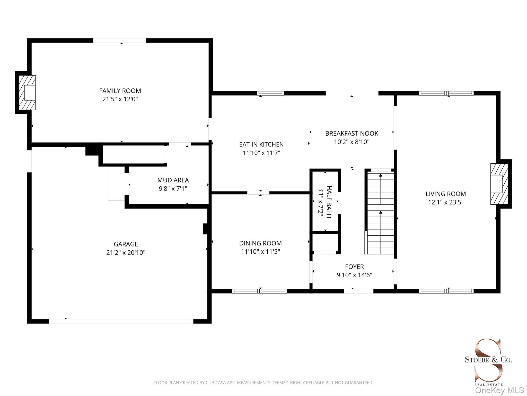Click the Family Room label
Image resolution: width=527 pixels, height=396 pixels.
tap(120, 91)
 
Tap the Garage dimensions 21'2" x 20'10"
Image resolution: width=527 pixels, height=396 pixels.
tap(126, 252)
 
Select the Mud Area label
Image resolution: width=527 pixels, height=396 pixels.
tap(173, 180)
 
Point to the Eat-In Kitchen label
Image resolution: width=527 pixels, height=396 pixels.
tap(261, 144)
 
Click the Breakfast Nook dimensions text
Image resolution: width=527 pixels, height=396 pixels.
tap(352, 142)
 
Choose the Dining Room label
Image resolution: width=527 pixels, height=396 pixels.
tap(260, 243)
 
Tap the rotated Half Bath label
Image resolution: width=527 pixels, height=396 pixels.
tap(329, 202)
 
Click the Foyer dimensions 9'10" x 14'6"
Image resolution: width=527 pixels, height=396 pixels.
tap(355, 275)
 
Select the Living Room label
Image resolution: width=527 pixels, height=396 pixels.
tap(446, 194)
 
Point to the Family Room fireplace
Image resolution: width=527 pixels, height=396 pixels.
tap(27, 93)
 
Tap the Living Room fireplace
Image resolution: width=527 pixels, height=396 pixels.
tap(499, 184)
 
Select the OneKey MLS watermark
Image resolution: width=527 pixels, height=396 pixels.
tap(499, 390)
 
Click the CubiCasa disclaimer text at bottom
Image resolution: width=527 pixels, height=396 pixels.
tap(263, 383)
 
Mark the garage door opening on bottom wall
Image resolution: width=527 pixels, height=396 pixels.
tap(121, 321)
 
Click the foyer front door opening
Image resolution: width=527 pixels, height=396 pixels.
tap(358, 291)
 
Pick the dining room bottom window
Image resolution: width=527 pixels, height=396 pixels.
tap(260, 291)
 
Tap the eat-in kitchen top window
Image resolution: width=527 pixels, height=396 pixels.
tap(270, 93)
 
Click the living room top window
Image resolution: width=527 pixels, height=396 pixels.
tap(446, 93)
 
